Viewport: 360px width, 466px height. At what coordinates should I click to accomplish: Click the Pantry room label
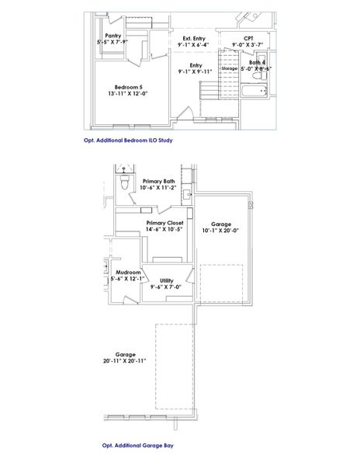(112, 35)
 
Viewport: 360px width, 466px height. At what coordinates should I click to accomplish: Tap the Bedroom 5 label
(128, 86)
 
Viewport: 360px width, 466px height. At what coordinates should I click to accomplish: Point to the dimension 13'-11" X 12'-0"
(128, 93)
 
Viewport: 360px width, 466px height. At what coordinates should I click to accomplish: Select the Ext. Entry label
(195, 38)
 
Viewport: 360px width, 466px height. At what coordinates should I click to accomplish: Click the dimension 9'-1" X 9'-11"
(196, 71)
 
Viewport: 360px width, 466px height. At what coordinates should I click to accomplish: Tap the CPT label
(248, 38)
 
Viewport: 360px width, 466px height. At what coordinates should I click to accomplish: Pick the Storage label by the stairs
(229, 68)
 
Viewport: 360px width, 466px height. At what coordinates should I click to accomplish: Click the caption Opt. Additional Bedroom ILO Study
(127, 141)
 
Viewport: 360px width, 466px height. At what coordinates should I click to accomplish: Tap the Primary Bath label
(159, 181)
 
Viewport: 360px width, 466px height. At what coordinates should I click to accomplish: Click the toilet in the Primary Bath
(125, 183)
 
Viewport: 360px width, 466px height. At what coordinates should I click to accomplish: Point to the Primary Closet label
(164, 222)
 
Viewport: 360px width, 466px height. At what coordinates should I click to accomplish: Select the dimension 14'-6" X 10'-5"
(164, 229)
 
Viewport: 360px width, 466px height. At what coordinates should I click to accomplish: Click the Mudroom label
(128, 273)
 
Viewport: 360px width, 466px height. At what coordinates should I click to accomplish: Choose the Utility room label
(166, 280)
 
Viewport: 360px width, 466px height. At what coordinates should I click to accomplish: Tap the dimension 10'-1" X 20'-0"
(221, 230)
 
